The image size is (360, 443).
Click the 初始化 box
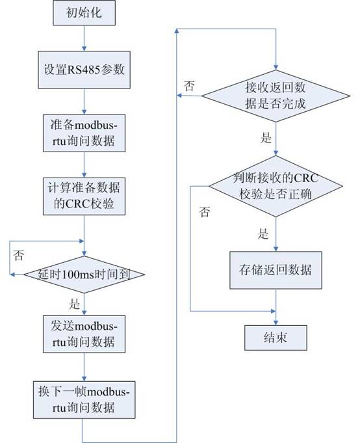(84, 13)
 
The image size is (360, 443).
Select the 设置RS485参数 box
(84, 70)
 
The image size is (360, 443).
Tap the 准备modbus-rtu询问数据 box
(84, 133)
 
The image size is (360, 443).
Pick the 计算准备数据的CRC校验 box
(84, 196)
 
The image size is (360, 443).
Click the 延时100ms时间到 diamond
(84, 274)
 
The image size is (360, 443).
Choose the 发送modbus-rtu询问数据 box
(84, 334)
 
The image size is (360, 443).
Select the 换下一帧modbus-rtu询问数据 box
(84, 400)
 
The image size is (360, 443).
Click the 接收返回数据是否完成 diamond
(276, 96)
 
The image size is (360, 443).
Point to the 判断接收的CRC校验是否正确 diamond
(276, 186)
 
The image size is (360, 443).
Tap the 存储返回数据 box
(276, 270)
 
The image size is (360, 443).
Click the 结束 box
(276, 338)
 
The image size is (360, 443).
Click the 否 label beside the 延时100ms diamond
(19, 255)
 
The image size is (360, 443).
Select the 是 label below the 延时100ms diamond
(75, 303)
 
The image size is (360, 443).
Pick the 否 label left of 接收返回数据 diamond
(189, 86)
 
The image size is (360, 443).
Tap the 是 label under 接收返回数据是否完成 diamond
(266, 138)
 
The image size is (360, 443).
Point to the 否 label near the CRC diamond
(205, 211)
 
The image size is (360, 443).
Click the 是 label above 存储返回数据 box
(263, 234)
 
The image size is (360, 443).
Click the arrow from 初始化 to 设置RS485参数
(84, 38)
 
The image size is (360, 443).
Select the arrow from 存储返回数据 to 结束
(276, 307)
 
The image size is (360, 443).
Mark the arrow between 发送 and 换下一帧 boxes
(84, 367)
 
